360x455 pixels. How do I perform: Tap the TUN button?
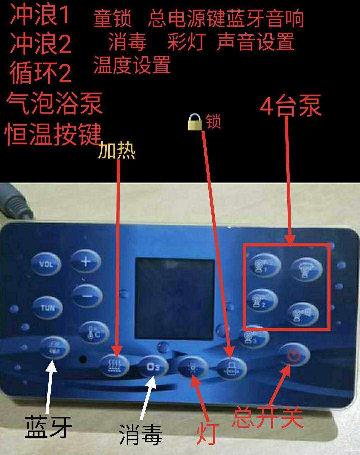pos(47,307)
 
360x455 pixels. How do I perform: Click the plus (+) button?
pos(86,262)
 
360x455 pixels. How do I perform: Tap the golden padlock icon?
pos(195,122)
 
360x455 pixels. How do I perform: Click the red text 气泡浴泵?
pos(54,104)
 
